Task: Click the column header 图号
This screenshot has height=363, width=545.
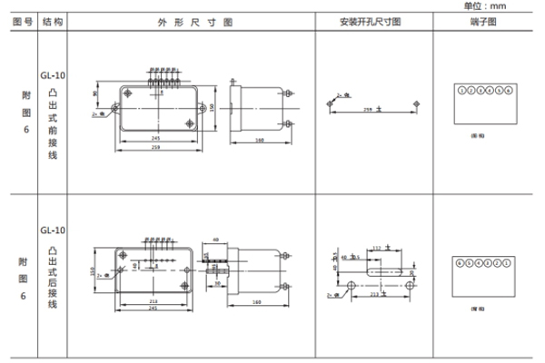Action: [x=22, y=21]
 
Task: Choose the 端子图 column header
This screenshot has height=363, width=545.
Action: [x=486, y=21]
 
